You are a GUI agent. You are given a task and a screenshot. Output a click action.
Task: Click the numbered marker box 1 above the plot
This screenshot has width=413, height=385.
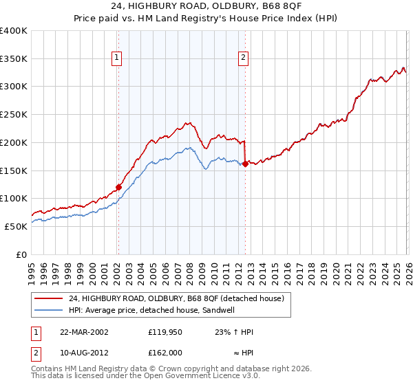click(x=118, y=58)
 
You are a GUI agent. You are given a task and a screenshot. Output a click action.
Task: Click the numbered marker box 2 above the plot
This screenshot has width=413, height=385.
click(x=244, y=58)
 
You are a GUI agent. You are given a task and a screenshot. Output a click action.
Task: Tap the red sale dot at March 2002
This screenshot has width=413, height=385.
click(x=118, y=186)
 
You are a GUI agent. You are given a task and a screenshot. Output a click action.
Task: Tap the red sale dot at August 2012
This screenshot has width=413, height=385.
click(x=245, y=163)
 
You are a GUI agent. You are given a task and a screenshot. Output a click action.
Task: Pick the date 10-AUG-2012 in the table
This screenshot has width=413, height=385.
click(x=84, y=353)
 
